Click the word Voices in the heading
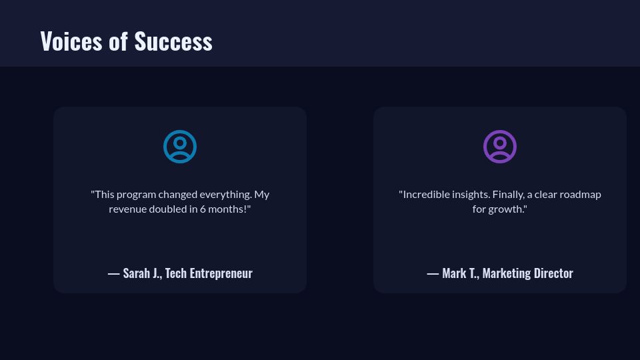[x=71, y=41]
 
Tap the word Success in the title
[x=173, y=41]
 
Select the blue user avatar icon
[x=180, y=147]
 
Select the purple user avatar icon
[x=500, y=147]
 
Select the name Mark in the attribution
[x=454, y=273]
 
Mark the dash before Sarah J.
[x=113, y=274]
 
